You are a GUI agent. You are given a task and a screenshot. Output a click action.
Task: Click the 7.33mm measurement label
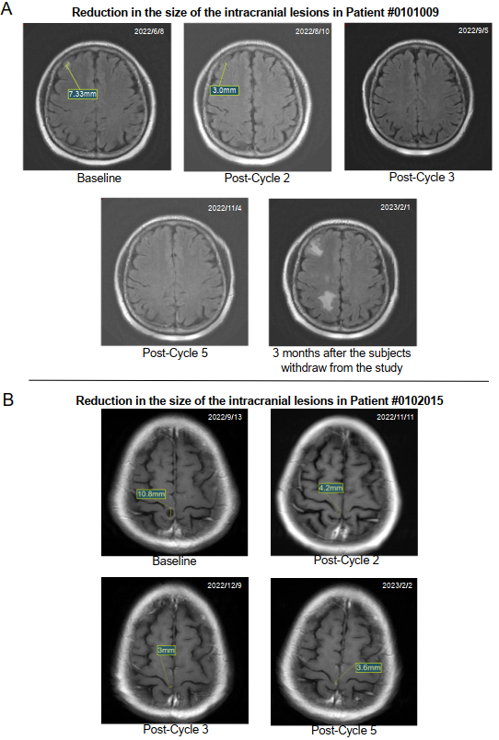coord(83,94)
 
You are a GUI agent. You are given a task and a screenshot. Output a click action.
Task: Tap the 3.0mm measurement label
coord(225,90)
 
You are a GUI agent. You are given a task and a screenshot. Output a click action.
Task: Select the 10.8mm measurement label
coord(151,494)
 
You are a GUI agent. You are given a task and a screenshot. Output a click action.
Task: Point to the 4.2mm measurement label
coord(331,488)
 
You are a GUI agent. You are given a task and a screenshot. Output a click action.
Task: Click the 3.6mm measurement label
coord(368,668)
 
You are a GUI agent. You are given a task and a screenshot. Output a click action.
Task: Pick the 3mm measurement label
coord(166,651)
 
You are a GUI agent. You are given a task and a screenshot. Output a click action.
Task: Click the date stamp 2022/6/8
coord(149,31)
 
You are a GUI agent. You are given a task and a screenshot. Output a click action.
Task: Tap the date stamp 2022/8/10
coord(312,31)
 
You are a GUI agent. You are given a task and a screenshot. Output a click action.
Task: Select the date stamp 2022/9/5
coord(473,30)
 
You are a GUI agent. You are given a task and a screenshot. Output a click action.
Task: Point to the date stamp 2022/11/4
coord(225,208)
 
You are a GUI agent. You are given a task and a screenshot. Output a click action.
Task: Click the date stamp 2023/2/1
coord(396,207)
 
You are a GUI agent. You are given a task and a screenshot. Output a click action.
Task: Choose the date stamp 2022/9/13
coord(225,417)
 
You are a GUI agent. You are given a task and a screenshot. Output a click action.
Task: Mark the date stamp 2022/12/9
coord(225,585)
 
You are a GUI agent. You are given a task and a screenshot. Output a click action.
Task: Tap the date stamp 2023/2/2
coord(398,585)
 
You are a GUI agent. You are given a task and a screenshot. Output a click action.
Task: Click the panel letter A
coord(6,8)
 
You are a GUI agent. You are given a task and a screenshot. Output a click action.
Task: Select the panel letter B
coord(7,399)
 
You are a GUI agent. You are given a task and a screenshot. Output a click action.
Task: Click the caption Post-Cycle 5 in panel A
coord(175,353)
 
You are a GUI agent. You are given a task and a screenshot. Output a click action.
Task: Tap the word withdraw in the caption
coord(304,367)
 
